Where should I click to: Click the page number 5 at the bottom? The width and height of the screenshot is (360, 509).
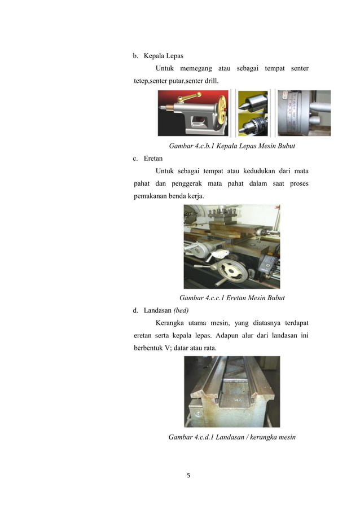pos(188,475)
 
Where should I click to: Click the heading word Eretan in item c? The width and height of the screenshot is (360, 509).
pos(153,159)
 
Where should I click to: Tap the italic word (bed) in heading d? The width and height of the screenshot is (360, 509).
pos(181,310)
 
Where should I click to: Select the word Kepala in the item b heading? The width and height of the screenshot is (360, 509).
pos(154,56)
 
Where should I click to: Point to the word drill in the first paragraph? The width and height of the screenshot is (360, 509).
pos(211,81)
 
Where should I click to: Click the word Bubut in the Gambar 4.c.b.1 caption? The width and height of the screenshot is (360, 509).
pos(286,146)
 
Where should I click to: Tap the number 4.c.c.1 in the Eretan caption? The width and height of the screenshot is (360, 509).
pos(214,298)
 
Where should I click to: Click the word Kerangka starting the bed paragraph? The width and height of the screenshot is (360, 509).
pos(169,323)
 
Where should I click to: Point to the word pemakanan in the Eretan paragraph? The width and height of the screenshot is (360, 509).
pos(150,196)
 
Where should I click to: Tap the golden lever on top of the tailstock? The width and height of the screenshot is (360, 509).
pos(189,96)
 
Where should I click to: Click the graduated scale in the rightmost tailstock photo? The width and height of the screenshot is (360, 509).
pos(292,111)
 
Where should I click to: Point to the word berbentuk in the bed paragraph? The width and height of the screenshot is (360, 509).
pos(148,348)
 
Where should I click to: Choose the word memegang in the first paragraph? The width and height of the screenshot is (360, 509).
pos(196,69)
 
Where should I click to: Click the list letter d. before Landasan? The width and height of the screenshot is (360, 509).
pos(135,310)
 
